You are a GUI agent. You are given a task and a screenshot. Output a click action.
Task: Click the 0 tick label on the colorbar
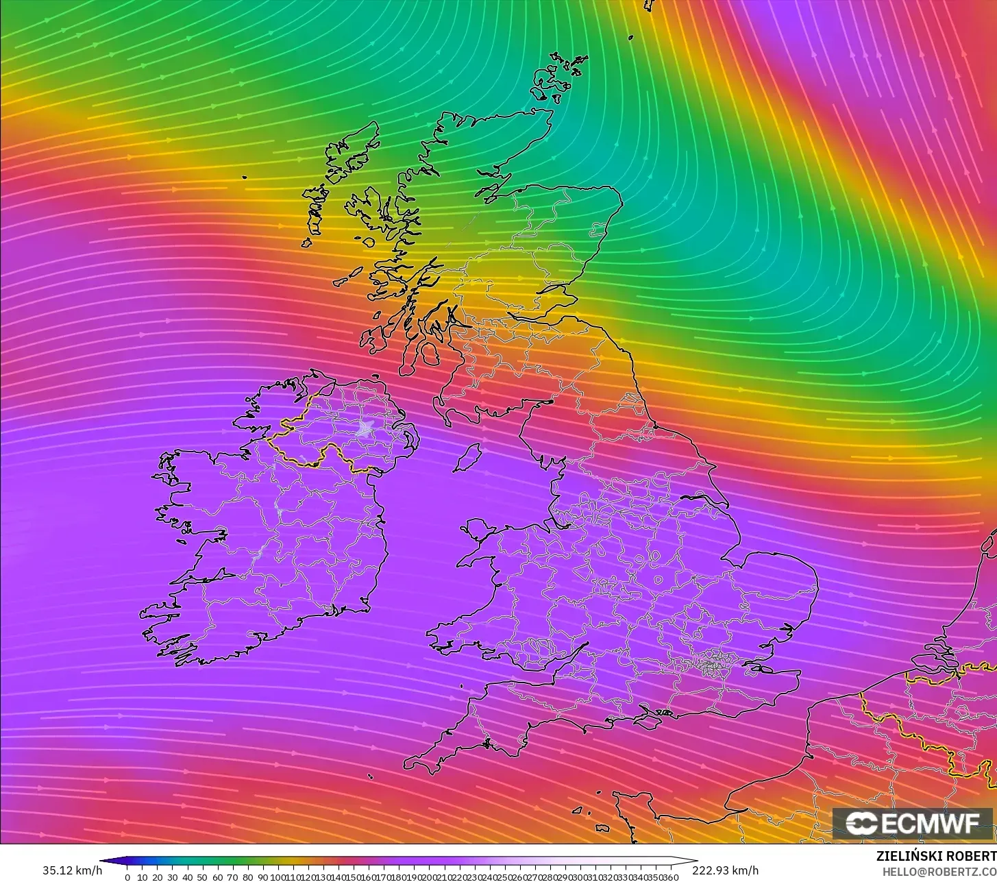click(127, 877)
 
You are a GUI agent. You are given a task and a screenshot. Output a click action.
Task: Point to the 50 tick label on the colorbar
click(202, 877)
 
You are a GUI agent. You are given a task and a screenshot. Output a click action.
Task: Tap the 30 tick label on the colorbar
click(172, 877)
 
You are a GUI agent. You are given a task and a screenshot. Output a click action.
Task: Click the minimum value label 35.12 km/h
click(72, 870)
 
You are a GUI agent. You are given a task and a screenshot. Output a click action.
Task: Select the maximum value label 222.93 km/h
click(725, 870)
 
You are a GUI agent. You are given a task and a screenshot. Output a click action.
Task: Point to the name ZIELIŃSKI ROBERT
click(936, 856)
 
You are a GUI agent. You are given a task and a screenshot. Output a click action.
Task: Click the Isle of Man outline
click(468, 457)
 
